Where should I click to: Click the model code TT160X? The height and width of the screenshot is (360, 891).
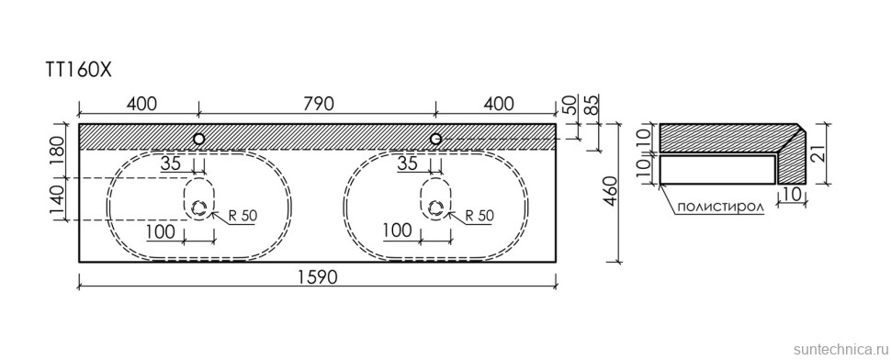tap(78, 71)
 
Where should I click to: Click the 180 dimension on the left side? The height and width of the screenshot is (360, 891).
tap(58, 151)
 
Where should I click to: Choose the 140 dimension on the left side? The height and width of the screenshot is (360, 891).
tap(58, 199)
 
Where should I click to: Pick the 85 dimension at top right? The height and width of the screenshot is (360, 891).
tap(593, 105)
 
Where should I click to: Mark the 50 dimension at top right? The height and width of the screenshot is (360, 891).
tap(571, 105)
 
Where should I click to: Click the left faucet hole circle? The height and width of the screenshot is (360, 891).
tap(199, 139)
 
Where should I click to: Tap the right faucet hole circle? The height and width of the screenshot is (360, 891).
tap(435, 139)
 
